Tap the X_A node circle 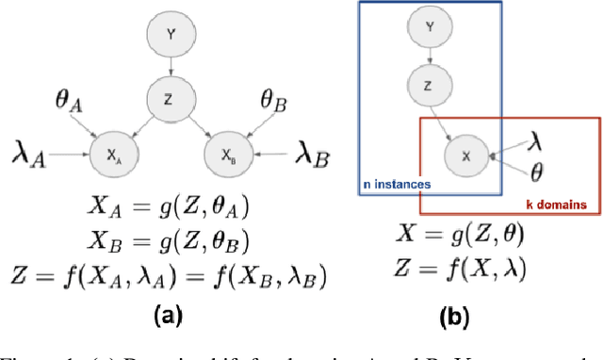point(113,151)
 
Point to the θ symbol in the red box point(536,173)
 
